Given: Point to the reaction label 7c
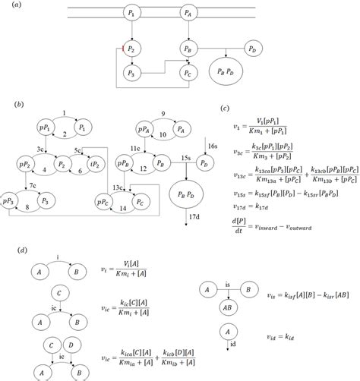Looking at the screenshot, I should tap(33, 184).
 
